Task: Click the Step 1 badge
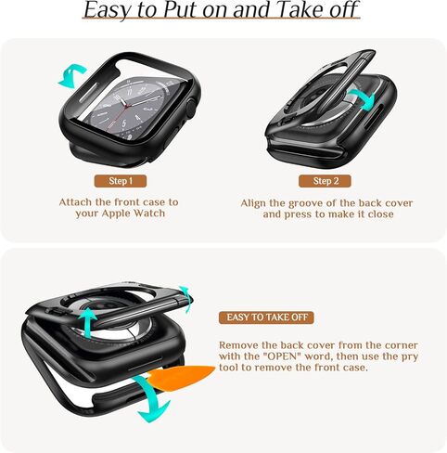coord(119,181)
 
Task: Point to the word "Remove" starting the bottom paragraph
coord(240,344)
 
